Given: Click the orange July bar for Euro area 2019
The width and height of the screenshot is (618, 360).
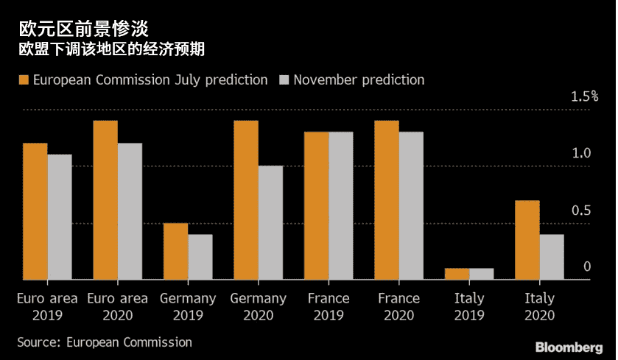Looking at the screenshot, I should point(35,211).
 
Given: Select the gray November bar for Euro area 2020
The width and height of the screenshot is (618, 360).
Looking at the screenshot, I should point(130,211).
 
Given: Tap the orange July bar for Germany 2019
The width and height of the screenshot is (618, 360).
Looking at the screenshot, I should point(175,251).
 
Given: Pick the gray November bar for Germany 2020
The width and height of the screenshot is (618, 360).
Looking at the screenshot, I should point(270,222).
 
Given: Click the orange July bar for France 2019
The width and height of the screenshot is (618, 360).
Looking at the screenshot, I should point(317,205).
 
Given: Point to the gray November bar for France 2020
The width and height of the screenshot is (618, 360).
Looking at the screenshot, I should point(411,205).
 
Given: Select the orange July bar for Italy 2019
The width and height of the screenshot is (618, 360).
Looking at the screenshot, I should point(457,274).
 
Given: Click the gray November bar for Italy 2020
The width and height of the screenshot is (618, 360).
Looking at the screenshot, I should point(552,257).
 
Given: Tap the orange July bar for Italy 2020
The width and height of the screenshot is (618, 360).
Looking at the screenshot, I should point(527,240).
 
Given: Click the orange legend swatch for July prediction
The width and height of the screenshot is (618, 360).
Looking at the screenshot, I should point(23,80).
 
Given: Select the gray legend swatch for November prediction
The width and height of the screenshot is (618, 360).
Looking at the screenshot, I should point(284,80).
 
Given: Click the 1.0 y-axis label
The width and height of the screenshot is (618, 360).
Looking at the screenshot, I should point(582,153).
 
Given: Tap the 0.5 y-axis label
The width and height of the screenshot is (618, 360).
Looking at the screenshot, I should point(582,211).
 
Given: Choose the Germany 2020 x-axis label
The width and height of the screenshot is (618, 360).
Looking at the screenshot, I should point(258,307).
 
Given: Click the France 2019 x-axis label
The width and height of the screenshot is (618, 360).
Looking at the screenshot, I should point(329,307).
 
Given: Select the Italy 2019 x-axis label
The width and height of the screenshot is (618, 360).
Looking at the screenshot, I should point(469,307).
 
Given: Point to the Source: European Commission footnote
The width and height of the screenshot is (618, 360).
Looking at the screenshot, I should point(104,342).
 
